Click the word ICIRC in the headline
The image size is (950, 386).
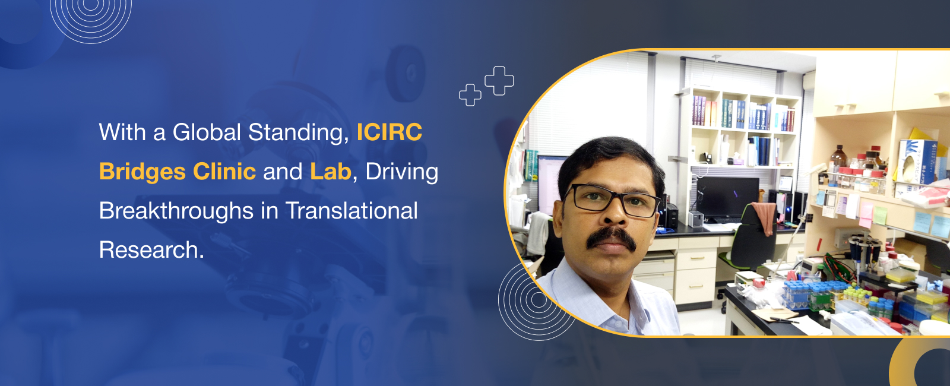coord(389,132)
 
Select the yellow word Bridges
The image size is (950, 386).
coord(142,172)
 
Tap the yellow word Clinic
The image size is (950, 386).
coord(224,172)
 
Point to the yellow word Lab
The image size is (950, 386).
coord(330,172)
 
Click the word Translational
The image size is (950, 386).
coord(351,210)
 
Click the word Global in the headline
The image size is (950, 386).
coord(207,132)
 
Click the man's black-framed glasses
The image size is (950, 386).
coord(612,200)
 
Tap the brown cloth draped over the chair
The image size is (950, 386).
coord(765,217)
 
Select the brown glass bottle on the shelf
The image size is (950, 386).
coord(838,158)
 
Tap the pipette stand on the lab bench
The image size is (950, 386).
coord(864,255)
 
